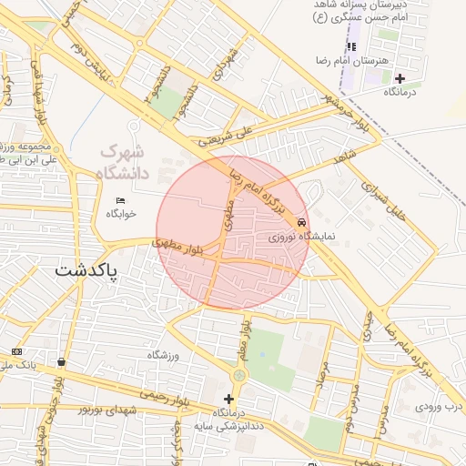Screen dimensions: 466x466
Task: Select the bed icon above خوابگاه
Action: pos(121,200)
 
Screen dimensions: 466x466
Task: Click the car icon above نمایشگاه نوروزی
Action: pos(301,221)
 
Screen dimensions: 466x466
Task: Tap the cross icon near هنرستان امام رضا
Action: pos(400,78)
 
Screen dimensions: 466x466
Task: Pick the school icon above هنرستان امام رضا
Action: pos(351,46)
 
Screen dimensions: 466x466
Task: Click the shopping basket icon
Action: pos(61,361)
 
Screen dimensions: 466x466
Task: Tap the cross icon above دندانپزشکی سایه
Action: pos(228,399)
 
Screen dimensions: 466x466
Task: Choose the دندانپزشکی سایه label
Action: pos(232,426)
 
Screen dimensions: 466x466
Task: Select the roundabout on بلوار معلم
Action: pos(239,374)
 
